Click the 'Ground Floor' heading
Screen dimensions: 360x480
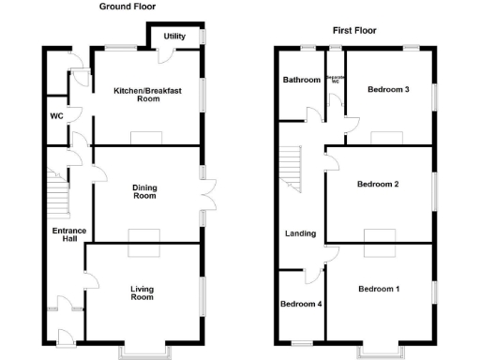click(127, 7)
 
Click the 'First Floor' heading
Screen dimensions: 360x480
click(355, 31)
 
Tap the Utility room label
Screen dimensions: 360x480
click(174, 37)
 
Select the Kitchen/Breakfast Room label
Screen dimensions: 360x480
click(147, 95)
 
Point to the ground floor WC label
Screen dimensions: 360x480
click(56, 116)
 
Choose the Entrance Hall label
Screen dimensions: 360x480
click(69, 235)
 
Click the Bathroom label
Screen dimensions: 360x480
click(302, 80)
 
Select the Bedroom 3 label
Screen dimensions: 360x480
click(388, 90)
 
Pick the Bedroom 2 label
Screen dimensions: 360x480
click(378, 184)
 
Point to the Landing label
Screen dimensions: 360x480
click(301, 233)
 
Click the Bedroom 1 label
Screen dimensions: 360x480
click(379, 289)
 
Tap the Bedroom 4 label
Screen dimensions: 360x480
click(301, 304)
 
